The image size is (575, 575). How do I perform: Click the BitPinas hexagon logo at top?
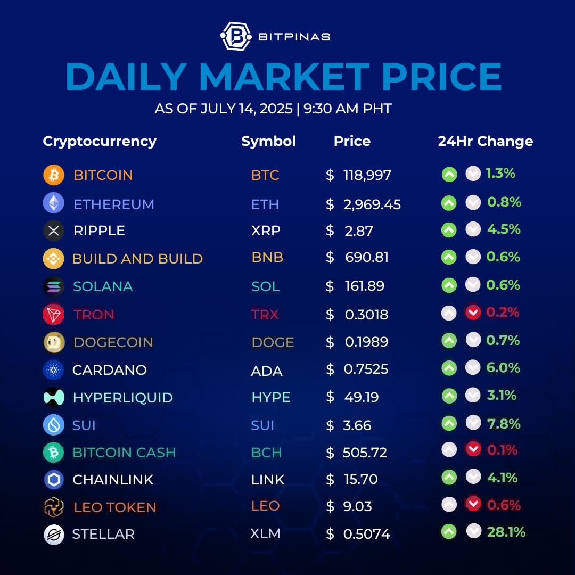tap(236, 36)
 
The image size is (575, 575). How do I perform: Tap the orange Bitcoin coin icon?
tap(53, 175)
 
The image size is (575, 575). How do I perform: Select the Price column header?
tap(352, 141)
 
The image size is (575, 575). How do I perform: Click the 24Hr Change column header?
tap(485, 141)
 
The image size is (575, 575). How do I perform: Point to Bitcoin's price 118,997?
tap(367, 175)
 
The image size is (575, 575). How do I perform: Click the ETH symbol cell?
tap(265, 204)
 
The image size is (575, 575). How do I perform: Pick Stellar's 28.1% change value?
tap(506, 532)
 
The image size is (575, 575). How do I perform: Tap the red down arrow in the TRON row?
tap(473, 313)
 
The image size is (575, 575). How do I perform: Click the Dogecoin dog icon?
tap(53, 342)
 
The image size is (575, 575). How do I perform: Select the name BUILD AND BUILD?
tap(137, 259)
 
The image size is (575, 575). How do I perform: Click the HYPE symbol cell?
tap(270, 398)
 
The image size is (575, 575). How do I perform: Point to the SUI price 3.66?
tap(357, 425)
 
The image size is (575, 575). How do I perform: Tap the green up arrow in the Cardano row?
tap(449, 368)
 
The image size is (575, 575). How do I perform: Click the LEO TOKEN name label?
tap(115, 507)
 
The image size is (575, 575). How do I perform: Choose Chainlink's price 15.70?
tap(361, 479)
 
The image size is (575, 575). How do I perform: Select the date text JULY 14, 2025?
tap(247, 109)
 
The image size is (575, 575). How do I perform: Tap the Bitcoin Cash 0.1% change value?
tap(502, 450)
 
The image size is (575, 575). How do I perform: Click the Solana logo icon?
tap(53, 286)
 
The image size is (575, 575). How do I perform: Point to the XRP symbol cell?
tap(266, 231)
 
